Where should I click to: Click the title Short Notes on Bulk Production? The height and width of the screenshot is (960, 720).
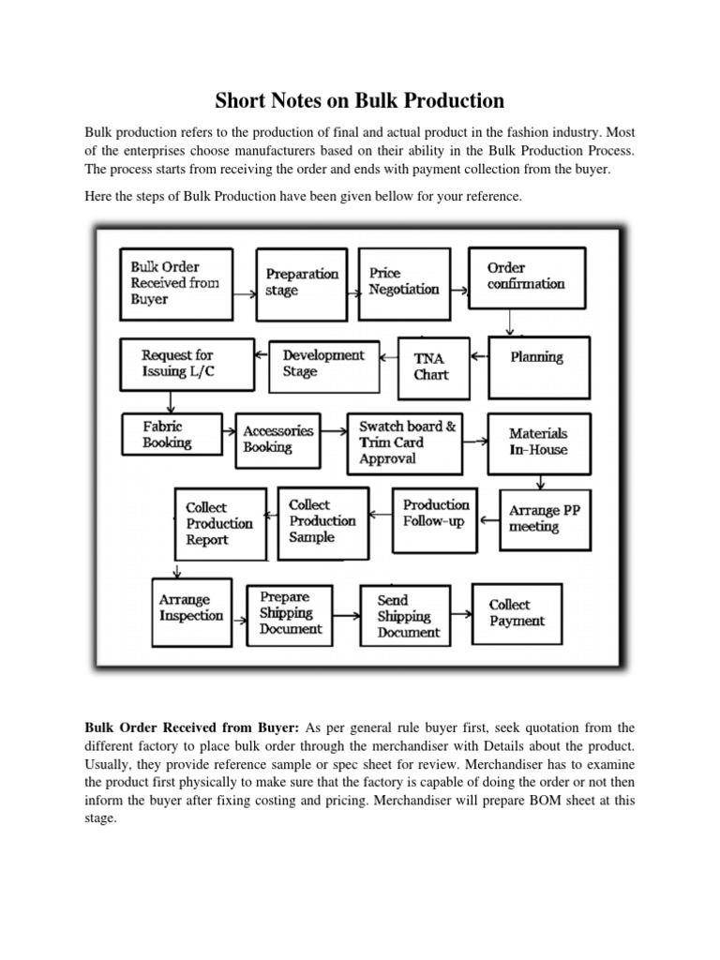coord(360,100)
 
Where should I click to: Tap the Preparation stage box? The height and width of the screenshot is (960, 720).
coord(302,282)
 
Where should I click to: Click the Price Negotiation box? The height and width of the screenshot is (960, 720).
coord(405,282)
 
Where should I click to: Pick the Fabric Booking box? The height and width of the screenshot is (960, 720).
coord(170,435)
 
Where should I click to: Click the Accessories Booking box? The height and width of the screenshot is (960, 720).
coord(277,440)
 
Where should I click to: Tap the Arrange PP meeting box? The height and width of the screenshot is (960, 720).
coord(545,519)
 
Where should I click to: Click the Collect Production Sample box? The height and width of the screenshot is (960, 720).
coord(321,520)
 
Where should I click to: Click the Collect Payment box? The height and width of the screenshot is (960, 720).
coord(517,613)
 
